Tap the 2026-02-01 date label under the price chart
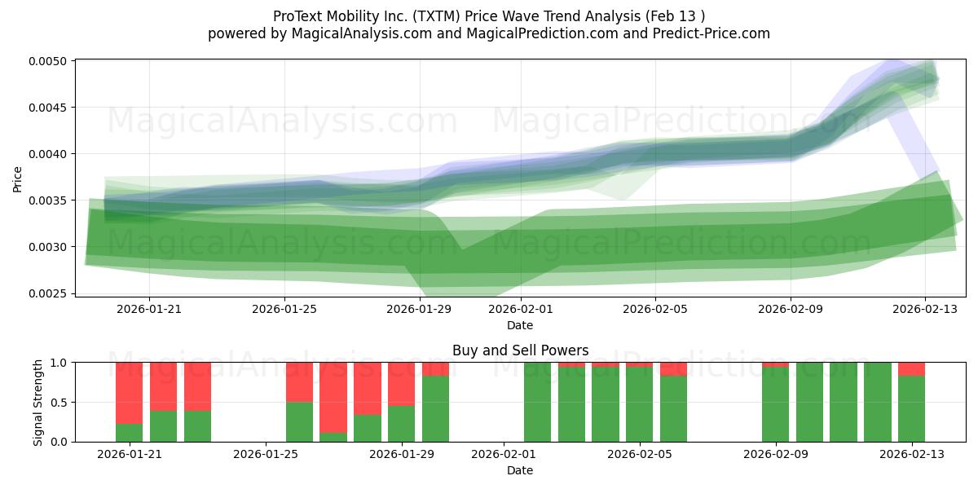[x=520, y=309]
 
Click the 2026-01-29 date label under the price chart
[x=419, y=309]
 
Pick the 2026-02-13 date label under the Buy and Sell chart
[x=911, y=454]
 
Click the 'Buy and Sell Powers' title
[x=520, y=351]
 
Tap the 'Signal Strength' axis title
[x=38, y=402]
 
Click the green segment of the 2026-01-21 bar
[x=129, y=433]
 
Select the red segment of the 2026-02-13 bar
[x=911, y=368]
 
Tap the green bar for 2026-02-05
[x=640, y=404]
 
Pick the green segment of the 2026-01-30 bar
[x=435, y=408]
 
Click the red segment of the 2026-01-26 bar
[x=299, y=382]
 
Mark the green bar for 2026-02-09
[x=775, y=404]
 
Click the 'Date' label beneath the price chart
[x=520, y=325]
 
